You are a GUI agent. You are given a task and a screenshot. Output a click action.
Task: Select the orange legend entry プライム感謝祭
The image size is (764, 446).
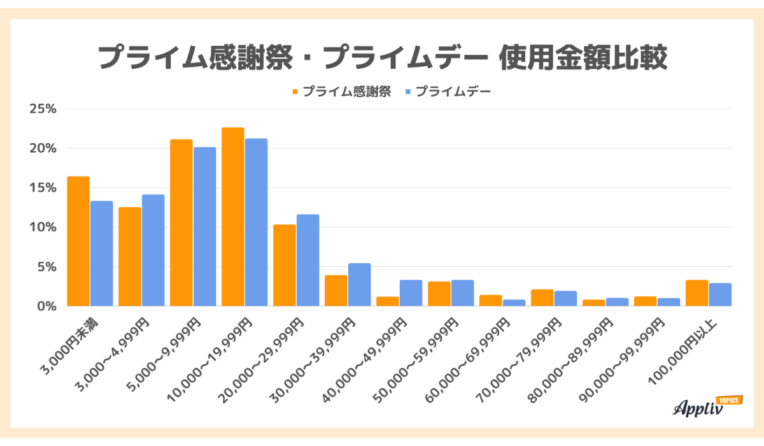tap(341, 92)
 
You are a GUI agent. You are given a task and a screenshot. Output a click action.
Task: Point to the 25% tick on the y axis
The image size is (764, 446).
tap(43, 109)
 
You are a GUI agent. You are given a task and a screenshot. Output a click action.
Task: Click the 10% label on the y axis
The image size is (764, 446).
tap(43, 227)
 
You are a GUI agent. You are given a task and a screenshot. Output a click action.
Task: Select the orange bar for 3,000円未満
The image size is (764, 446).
tap(78, 241)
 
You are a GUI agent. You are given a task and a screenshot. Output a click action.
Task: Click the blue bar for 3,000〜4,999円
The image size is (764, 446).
tap(153, 250)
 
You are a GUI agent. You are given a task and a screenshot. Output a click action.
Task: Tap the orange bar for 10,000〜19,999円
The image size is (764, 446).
tap(233, 217)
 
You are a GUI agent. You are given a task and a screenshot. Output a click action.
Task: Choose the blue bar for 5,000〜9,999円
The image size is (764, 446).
tap(205, 227)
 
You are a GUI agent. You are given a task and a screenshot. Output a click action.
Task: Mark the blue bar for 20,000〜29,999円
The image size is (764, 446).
tap(308, 261)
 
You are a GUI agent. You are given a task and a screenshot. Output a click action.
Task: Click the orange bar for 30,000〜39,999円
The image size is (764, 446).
tap(336, 291)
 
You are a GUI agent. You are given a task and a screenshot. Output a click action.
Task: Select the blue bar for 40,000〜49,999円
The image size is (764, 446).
tap(411, 293)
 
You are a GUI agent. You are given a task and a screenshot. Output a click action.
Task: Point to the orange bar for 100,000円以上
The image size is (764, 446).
tap(697, 293)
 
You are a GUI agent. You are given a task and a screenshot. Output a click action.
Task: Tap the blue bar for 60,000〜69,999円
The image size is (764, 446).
tap(514, 303)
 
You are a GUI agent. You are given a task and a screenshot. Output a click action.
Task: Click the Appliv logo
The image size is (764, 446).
tap(697, 408)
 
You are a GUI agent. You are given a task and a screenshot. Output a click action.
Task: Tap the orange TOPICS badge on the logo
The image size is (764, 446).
tap(728, 400)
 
